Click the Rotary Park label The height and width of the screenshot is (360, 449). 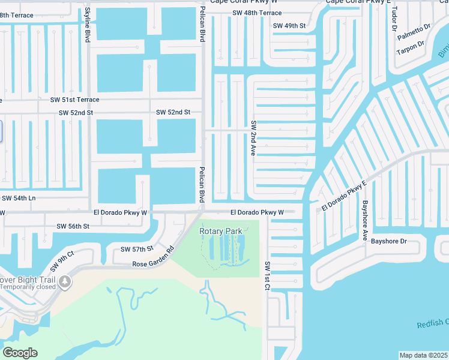pos(221,230)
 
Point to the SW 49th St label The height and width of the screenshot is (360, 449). pos(289,26)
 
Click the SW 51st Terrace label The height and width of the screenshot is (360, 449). pos(75,100)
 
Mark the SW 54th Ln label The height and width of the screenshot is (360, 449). pos(19,197)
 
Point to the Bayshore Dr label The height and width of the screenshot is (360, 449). pos(388,241)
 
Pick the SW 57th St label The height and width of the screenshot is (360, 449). pos(137,248)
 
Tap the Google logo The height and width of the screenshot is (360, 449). pos(20,353)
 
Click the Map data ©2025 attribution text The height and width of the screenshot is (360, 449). pos(423,355)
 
